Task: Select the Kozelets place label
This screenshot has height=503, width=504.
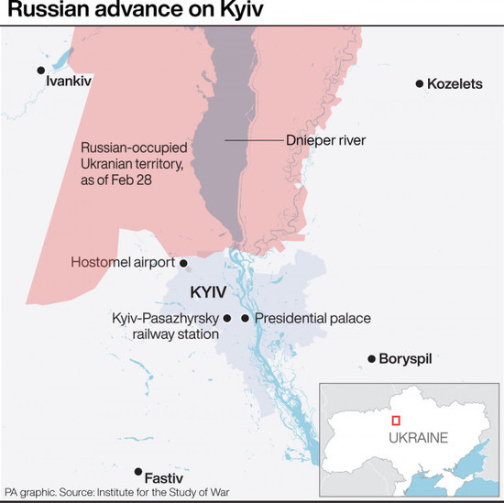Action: (455, 84)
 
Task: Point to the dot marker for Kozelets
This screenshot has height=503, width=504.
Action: (420, 84)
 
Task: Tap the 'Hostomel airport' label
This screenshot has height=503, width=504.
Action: (123, 263)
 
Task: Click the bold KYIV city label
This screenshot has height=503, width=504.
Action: (209, 292)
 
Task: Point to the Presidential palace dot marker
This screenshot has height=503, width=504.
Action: (245, 318)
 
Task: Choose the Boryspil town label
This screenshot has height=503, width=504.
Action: (406, 359)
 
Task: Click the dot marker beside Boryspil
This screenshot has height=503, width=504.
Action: (371, 359)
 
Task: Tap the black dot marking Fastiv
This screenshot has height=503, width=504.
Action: (137, 472)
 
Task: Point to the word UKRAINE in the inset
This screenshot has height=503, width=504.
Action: (418, 438)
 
